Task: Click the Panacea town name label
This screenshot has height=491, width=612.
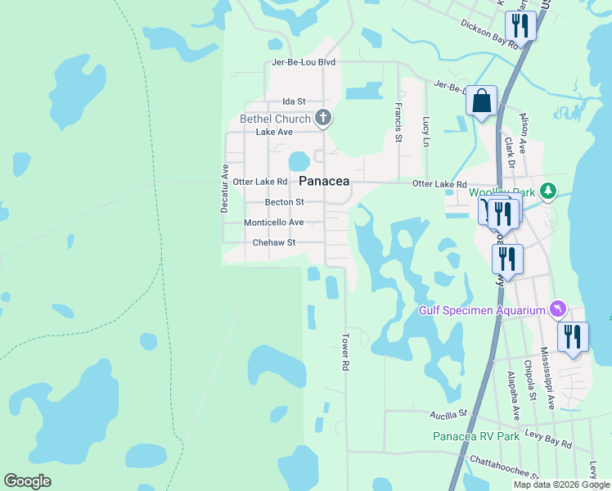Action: (324, 181)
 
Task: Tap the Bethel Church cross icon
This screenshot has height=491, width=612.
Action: (324, 119)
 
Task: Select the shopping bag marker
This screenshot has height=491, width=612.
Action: (482, 101)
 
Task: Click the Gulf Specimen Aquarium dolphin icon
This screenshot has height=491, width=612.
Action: (558, 309)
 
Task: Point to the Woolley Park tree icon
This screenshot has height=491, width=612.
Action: (548, 192)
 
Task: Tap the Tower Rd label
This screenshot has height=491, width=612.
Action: (345, 353)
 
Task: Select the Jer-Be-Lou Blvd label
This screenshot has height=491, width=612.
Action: (304, 62)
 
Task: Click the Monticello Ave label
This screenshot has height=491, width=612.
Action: (273, 223)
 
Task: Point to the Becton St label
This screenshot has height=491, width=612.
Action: (284, 202)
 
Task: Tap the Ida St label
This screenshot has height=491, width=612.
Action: (293, 101)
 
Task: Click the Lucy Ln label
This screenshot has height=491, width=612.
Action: (425, 131)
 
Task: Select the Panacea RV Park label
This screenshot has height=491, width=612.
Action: (476, 436)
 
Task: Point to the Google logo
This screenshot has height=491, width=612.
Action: (27, 481)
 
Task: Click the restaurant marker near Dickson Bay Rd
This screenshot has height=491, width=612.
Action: (520, 25)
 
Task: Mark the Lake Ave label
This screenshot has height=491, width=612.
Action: (274, 132)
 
